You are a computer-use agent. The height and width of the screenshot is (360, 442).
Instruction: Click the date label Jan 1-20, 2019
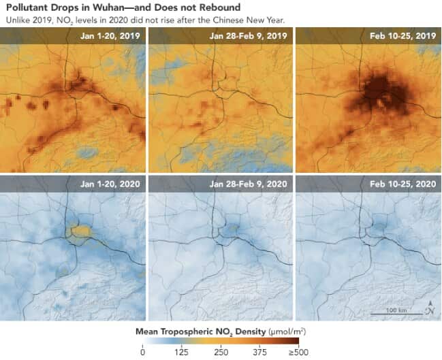112,35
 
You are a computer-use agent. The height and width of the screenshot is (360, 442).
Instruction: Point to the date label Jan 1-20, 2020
112,184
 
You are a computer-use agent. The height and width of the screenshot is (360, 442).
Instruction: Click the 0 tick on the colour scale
142,351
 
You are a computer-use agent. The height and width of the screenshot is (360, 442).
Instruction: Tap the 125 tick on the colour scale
180,351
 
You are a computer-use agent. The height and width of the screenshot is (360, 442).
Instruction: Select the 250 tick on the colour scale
220,351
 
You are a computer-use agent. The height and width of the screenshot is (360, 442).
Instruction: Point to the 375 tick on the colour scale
259,351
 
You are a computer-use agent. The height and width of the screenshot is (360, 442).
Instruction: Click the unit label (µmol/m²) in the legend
278,332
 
